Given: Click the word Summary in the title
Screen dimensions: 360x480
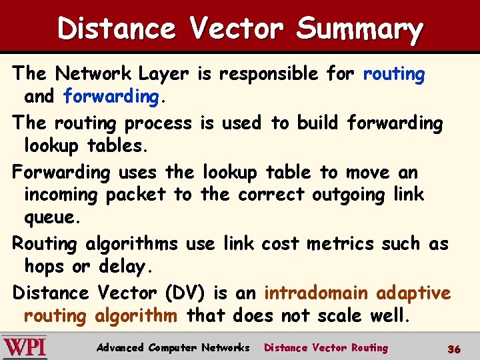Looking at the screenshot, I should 359,29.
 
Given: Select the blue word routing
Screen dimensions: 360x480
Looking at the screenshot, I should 394,74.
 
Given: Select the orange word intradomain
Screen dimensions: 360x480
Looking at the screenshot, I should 317,293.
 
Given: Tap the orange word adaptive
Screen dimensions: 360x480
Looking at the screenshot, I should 413,293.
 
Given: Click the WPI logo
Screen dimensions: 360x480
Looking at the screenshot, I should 25,347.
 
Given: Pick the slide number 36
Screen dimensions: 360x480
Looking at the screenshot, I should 454,349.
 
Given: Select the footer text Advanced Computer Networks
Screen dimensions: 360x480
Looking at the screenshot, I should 173,348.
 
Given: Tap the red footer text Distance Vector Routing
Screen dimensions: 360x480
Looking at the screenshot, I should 326,348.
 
